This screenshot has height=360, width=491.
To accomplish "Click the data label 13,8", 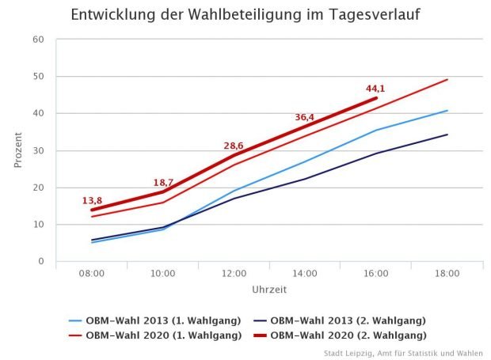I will tap(92, 201).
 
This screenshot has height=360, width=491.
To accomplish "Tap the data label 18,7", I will tap(163, 183).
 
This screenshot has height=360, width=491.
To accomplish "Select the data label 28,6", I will tap(234, 146).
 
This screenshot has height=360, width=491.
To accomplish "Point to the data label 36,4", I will tap(305, 117).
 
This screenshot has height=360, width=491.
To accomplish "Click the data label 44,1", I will tap(375, 88).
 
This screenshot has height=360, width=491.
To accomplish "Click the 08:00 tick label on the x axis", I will tap(92, 273).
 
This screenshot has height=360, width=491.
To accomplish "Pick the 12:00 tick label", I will tap(234, 273).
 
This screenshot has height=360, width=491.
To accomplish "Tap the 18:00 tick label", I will tap(447, 273).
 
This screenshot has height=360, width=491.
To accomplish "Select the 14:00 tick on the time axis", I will tap(305, 273).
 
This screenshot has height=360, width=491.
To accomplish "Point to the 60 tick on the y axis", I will tap(39, 40).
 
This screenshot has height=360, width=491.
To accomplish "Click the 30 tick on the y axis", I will tap(39, 150).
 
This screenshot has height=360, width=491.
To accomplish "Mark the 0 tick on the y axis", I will tap(41, 262).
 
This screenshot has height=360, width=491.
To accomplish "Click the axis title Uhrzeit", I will tap(269, 290).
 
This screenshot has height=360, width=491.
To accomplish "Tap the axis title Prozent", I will tap(17, 150).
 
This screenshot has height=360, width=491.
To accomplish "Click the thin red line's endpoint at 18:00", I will tap(447, 79).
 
